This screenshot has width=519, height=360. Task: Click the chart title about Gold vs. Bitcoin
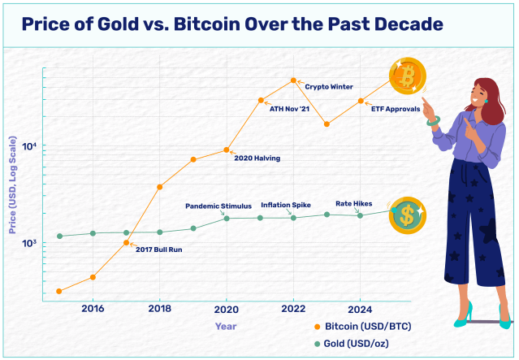(x=232, y=24)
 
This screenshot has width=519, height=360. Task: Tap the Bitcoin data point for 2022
(x=293, y=80)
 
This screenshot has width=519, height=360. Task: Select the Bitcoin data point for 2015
(x=59, y=291)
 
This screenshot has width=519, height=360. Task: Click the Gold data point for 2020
(x=227, y=218)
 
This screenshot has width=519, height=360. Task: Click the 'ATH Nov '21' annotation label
(x=289, y=109)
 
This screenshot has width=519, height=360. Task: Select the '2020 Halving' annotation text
(x=257, y=158)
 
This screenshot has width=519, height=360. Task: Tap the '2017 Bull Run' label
(x=158, y=249)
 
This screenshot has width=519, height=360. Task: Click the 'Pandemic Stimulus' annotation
(x=218, y=206)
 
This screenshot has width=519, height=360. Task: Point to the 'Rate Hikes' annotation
(x=353, y=203)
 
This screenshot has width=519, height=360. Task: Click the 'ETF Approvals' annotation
(x=396, y=109)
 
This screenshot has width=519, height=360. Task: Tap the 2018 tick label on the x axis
(x=160, y=309)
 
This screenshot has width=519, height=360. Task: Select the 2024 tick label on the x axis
(x=360, y=309)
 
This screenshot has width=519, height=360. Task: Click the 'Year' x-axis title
(x=226, y=326)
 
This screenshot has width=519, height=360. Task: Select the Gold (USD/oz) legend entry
(x=351, y=344)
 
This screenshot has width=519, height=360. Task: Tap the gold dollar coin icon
(x=405, y=215)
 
